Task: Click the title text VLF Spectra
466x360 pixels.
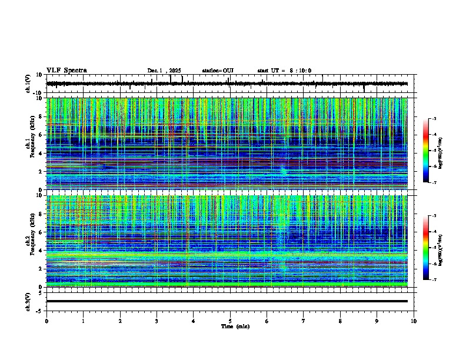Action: click(66, 71)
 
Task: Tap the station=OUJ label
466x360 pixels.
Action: click(218, 71)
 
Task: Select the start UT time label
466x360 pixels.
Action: click(284, 71)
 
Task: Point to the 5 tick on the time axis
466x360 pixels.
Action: click(230, 321)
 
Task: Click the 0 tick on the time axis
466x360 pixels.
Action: click(46, 321)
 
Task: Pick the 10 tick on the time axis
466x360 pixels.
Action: click(414, 321)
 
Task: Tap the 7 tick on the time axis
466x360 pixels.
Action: click(304, 321)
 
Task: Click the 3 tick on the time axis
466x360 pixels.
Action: click(157, 321)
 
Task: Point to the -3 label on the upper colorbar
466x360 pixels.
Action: click(433, 119)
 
